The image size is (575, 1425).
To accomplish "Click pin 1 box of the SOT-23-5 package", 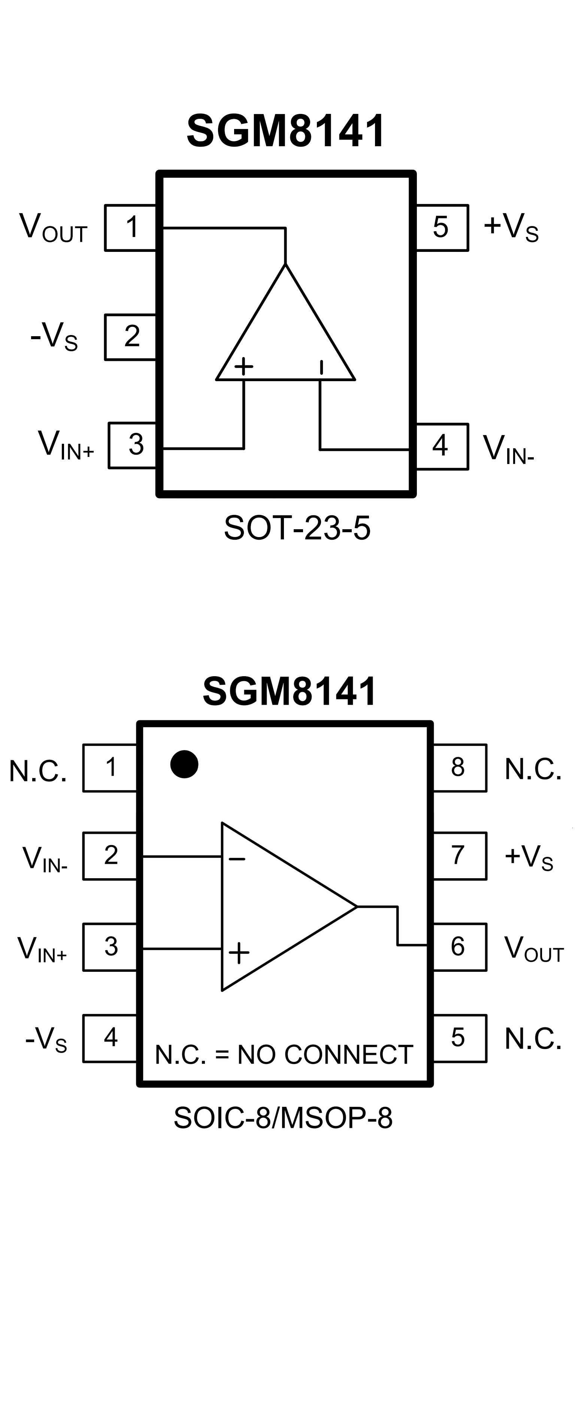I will coord(131,228).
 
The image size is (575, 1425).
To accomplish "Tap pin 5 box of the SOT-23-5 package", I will coord(441,228).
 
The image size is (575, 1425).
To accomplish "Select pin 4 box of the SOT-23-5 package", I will coord(441,446).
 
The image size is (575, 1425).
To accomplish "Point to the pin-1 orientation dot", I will coord(184,764).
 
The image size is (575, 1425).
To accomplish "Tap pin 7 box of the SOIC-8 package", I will coord(459,855).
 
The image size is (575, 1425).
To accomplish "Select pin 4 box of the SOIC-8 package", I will coord(110,1038).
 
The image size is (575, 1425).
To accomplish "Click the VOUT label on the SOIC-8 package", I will coord(533,949).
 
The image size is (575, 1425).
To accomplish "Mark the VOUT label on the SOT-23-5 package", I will coord(53,228).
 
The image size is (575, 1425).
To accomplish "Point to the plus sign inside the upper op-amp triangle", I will coord(243,366).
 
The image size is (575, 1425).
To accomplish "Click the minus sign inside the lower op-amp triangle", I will coord(237,859).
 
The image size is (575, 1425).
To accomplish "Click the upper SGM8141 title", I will coord(286,131).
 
